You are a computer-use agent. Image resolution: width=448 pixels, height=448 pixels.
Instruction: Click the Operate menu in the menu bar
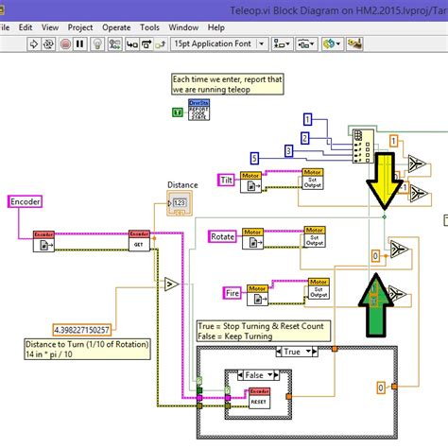(116, 28)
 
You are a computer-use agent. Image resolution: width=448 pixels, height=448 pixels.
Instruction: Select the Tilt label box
(226, 180)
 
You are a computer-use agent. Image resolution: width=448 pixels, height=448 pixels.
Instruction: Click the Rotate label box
(223, 236)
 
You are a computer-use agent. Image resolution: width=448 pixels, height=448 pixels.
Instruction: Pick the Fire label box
(233, 293)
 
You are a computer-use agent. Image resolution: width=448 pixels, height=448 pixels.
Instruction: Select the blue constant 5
(253, 157)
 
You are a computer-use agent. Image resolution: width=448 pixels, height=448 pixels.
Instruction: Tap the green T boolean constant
(177, 112)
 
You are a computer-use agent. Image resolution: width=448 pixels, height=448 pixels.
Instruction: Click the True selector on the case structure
(290, 351)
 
